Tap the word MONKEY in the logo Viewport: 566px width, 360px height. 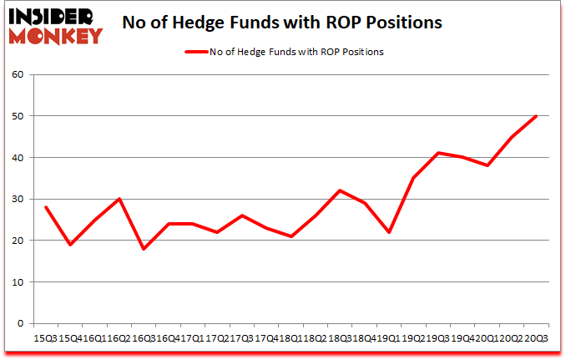point(56,35)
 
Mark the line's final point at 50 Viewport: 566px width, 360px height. point(536,116)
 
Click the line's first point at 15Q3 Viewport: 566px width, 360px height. point(45,207)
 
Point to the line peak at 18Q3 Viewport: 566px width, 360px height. point(340,190)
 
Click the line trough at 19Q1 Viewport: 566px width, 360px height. point(388,232)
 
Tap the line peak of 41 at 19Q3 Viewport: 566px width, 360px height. point(437,154)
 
